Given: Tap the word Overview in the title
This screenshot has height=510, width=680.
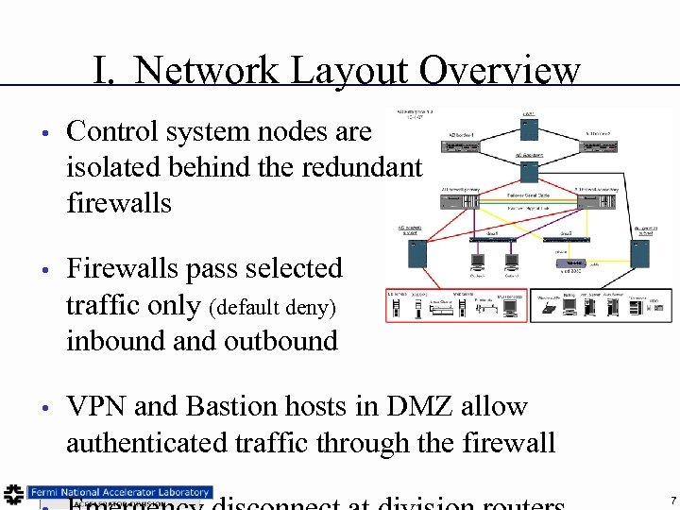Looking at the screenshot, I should tap(499, 70).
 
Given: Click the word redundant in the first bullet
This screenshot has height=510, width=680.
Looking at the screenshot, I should tap(362, 167).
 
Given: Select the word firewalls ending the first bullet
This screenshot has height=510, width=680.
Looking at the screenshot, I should tap(119, 202).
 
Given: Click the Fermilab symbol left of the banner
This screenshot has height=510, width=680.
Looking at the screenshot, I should tap(13, 494).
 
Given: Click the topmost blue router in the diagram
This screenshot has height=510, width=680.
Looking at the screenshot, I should tap(529, 126).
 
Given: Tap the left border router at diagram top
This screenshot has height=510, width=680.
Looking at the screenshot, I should tap(460, 146).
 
